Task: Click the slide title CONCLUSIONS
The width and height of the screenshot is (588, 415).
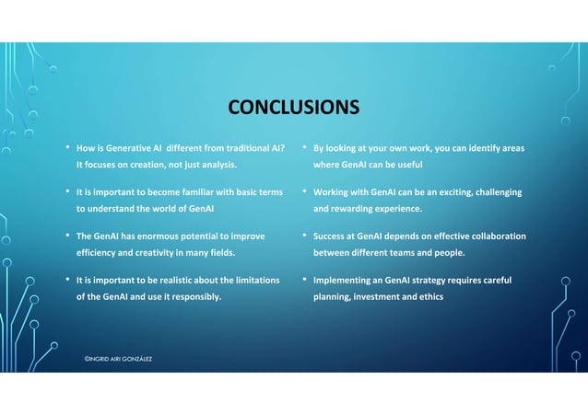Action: [294, 109]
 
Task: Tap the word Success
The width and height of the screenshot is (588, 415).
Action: [331, 236]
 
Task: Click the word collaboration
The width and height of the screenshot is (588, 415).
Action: [495, 236]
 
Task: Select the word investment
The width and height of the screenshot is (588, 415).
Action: [389, 297]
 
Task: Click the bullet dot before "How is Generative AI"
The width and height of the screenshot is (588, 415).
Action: [66, 147]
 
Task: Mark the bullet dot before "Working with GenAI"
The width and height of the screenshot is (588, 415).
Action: [304, 191]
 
